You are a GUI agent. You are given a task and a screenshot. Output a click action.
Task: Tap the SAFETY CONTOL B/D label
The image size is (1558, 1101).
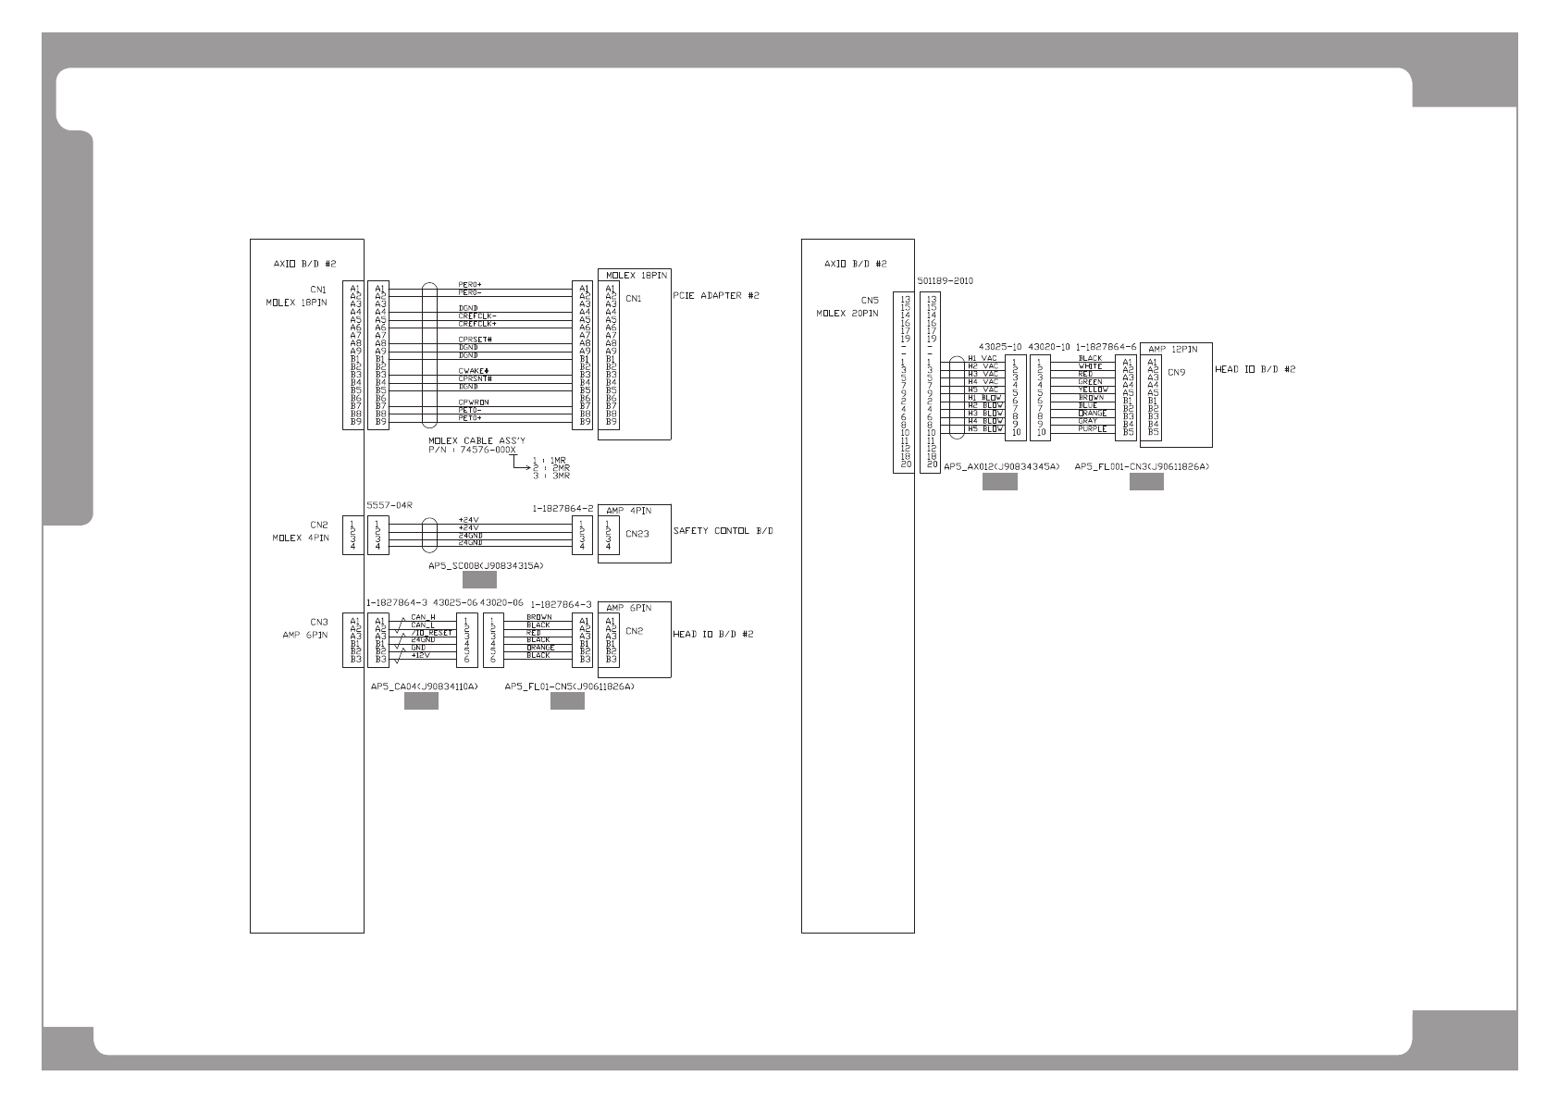pos(723,531)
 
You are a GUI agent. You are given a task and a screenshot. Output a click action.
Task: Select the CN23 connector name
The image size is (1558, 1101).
pos(637,533)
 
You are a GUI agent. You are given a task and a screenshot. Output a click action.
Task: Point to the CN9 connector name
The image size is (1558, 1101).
pos(1176,373)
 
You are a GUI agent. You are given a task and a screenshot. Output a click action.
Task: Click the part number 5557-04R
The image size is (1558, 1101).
pos(389,505)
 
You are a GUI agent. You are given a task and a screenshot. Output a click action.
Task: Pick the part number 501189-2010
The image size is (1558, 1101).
pos(945,280)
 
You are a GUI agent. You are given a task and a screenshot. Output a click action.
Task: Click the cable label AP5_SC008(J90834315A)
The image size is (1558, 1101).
pos(485,564)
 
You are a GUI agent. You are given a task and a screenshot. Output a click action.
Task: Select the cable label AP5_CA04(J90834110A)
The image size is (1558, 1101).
pos(424,687)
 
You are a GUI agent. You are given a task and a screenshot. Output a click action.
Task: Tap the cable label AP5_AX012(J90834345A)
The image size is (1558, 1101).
pos(1001,467)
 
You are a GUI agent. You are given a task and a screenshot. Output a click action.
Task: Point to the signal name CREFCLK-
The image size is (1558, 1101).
pos(477,315)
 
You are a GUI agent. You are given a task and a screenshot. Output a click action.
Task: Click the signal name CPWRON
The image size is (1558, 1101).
pos(474,402)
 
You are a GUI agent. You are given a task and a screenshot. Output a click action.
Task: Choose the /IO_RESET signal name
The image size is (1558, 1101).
pos(431,633)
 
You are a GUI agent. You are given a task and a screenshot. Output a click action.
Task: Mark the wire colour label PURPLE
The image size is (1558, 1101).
pos(1092,429)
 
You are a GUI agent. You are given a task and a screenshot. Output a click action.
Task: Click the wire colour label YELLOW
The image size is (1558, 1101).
pos(1094,390)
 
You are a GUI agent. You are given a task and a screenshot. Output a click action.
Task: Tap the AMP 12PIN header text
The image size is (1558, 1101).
pos(1172,349)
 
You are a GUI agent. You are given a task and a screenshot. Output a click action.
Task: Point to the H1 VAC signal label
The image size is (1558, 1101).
pos(983,358)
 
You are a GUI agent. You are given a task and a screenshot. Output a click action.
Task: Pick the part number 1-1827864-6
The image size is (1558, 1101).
pos(1106,347)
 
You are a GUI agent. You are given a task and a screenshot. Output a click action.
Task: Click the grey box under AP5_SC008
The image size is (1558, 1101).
pos(479,580)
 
